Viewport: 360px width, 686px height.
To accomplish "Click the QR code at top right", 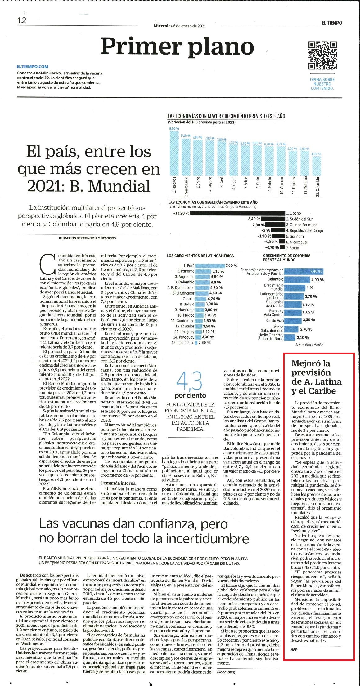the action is click(x=322, y=56).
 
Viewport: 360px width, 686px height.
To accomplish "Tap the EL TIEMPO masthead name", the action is click(x=332, y=23).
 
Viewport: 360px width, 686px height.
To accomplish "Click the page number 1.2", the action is click(x=22, y=20).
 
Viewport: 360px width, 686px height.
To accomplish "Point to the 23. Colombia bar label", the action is click(x=317, y=187).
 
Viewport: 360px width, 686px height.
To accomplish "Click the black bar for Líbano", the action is click(x=237, y=213).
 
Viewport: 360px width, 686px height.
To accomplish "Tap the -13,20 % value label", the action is click(x=182, y=213).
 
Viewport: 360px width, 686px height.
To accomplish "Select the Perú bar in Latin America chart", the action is click(x=210, y=265).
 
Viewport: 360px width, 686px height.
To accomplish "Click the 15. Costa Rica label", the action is click(x=183, y=343).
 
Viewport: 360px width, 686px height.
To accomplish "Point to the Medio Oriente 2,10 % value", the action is click(x=303, y=337).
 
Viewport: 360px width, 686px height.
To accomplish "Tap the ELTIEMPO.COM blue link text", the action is click(x=33, y=66).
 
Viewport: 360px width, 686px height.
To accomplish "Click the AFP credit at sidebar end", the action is click(x=294, y=649).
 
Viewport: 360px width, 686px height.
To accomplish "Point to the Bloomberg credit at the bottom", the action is click(x=226, y=672).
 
